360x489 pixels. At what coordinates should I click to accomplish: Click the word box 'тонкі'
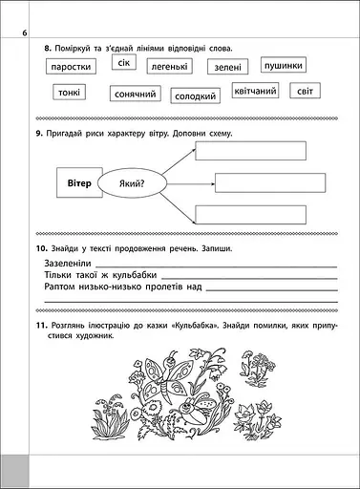[68, 93]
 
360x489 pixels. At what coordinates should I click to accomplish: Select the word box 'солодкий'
[196, 96]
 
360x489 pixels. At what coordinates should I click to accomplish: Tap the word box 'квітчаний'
[255, 92]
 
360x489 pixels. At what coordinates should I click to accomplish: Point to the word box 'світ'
[306, 92]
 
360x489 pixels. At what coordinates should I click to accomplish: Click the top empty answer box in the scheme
[250, 151]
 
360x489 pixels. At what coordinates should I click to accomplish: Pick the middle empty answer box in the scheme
[270, 182]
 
